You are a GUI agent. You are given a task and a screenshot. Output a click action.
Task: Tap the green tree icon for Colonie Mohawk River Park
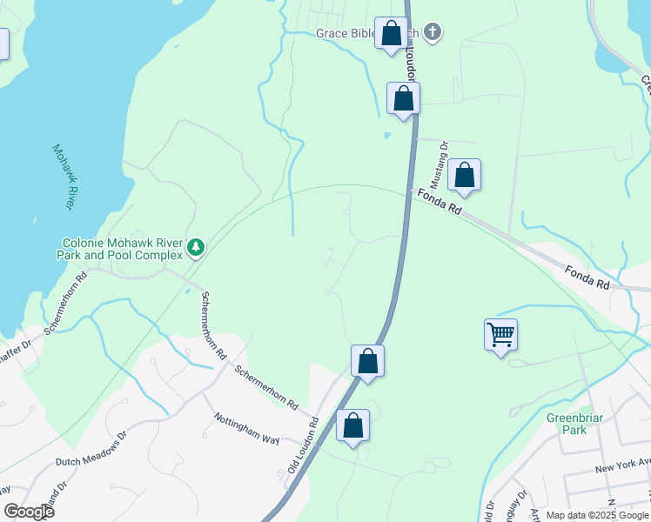(x=197, y=249)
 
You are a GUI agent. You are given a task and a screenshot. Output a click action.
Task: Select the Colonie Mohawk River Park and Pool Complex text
(x=122, y=249)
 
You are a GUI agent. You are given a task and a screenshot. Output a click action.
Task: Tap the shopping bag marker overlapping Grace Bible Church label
(x=392, y=34)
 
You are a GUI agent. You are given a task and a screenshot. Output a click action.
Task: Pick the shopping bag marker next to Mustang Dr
(x=466, y=176)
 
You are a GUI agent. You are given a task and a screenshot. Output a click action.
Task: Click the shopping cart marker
(x=500, y=334)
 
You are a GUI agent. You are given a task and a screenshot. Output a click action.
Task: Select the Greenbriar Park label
(x=574, y=424)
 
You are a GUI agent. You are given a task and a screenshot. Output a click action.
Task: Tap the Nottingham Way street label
(x=247, y=428)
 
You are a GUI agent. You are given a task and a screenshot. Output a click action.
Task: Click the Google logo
(x=29, y=511)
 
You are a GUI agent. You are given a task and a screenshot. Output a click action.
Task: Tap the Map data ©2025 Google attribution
(x=596, y=515)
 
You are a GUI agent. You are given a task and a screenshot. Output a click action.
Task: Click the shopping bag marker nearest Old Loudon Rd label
(x=352, y=426)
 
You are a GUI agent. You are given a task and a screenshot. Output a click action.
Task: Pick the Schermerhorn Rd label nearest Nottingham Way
(x=267, y=387)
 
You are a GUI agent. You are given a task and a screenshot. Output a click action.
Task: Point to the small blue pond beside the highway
(x=386, y=135)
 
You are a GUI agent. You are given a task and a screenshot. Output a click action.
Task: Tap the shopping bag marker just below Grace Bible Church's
(x=404, y=98)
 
